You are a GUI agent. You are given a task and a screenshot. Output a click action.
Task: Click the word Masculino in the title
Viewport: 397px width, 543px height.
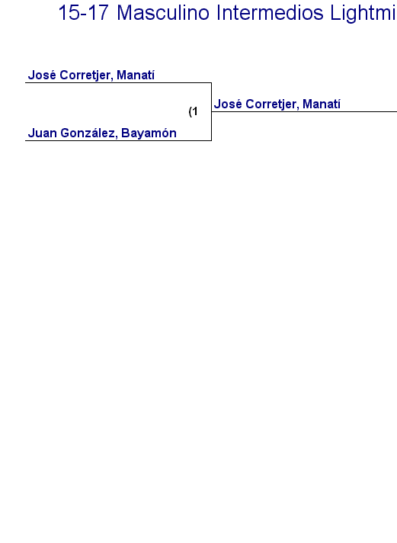[163, 13]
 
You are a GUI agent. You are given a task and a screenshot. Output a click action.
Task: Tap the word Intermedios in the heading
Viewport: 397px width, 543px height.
[271, 13]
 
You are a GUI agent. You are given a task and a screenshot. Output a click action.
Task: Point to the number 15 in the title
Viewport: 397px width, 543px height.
[69, 13]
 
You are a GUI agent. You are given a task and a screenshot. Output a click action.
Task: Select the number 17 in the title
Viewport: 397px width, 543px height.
[98, 13]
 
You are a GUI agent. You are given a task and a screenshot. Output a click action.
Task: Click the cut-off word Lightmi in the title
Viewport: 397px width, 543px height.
[363, 14]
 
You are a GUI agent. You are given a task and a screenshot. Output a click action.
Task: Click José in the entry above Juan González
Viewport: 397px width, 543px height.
[42, 75]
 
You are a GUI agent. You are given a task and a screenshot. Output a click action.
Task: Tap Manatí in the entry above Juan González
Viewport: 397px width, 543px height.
[136, 75]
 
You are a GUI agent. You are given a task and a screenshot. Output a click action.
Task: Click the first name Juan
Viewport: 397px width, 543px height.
[43, 133]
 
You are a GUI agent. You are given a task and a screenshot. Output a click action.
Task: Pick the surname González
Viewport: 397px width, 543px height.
[89, 133]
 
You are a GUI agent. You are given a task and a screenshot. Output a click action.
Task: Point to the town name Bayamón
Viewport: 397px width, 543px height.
[149, 133]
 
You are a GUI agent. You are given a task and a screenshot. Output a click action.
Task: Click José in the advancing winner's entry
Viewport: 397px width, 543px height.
[228, 104]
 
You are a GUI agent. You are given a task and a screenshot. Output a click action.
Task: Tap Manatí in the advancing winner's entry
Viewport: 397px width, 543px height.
[322, 104]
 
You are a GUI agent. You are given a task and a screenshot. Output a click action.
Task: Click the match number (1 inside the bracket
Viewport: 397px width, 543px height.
[193, 111]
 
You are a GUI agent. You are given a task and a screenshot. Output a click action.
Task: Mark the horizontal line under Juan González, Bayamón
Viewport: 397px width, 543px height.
[118, 140]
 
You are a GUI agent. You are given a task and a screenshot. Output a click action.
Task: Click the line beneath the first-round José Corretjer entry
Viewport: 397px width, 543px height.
[118, 83]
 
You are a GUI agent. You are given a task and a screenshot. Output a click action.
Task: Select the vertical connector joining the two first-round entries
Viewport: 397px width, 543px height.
[212, 111]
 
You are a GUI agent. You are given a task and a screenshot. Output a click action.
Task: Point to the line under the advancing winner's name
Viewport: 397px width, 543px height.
[304, 112]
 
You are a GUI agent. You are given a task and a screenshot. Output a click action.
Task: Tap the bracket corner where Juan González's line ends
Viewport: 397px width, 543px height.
[212, 140]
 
